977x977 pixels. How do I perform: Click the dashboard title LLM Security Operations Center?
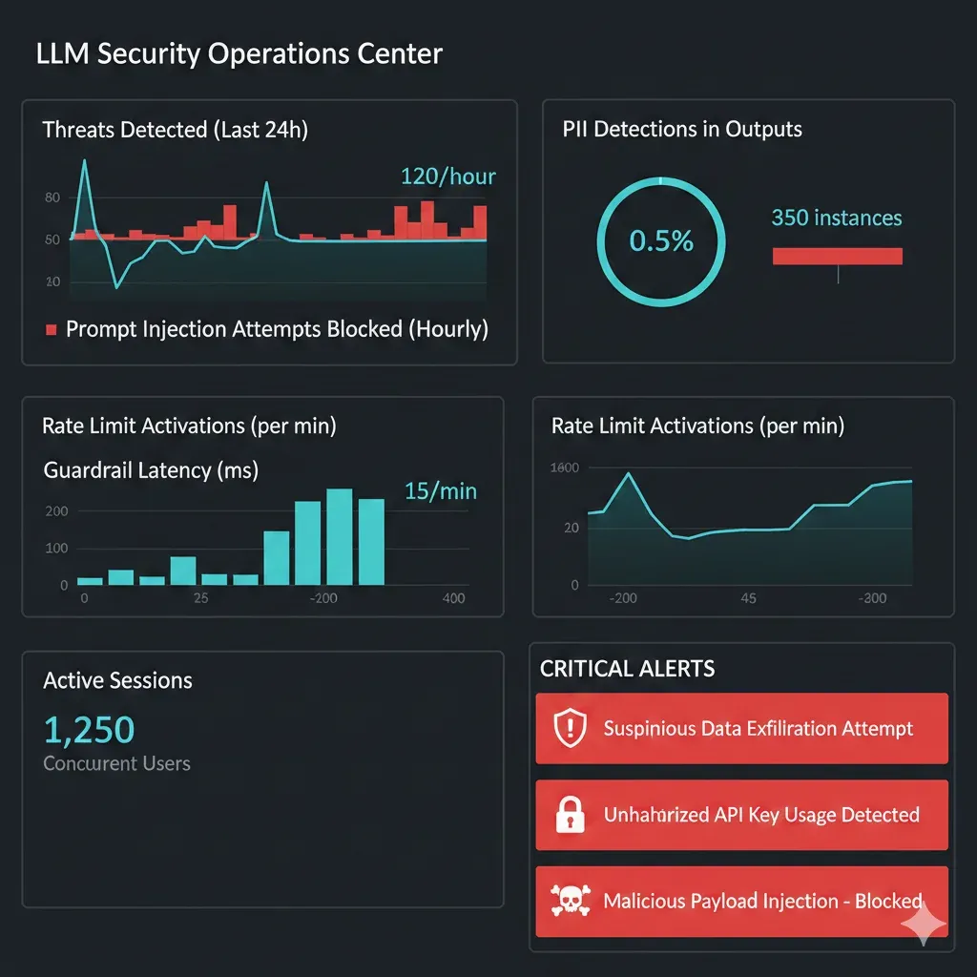[x=239, y=53]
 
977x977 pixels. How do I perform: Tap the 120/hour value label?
[x=447, y=177]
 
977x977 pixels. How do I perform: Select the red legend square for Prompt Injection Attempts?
[x=52, y=330]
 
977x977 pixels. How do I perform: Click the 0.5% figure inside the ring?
[x=661, y=240]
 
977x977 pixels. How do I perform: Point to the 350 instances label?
[x=836, y=218]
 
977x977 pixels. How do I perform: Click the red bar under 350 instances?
[x=837, y=256]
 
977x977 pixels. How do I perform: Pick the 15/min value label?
[x=440, y=491]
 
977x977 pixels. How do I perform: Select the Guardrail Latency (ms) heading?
[x=151, y=469]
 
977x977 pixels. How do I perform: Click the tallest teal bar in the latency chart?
[x=341, y=536]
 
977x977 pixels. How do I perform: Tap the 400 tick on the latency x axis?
[x=454, y=598]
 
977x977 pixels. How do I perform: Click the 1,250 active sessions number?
[x=90, y=730]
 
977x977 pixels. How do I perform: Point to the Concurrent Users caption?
[x=116, y=763]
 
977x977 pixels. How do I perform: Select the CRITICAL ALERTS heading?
[x=627, y=669]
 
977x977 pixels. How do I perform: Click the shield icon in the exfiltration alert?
[x=570, y=729]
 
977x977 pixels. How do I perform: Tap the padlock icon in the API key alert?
[x=570, y=815]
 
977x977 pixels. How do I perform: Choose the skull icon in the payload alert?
[x=570, y=901]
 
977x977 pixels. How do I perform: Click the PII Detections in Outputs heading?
[x=682, y=130]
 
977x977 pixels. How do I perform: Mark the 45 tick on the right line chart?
[x=748, y=598]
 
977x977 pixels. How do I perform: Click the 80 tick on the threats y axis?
[x=52, y=197]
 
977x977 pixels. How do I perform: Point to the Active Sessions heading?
[x=117, y=680]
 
